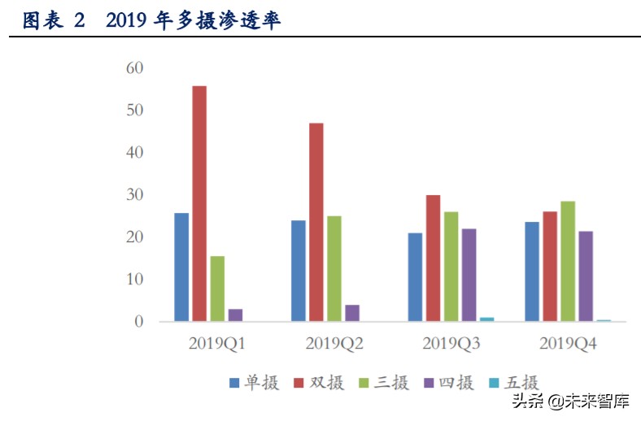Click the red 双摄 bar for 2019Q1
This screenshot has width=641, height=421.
199,203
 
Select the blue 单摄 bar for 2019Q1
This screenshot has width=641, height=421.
181,267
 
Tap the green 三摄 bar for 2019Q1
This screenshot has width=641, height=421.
217,289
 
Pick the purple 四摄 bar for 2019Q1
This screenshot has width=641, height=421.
235,315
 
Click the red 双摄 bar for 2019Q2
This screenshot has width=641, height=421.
316,222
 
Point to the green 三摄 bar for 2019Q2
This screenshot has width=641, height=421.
334,268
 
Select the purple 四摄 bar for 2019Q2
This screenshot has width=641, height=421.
352,313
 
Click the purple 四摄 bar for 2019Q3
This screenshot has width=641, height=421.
469,275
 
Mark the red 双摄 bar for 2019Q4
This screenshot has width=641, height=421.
550,266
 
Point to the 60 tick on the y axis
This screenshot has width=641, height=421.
134,67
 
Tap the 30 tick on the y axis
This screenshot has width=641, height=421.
134,195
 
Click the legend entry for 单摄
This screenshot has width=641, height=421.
254,383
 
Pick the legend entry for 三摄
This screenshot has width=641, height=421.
383,383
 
